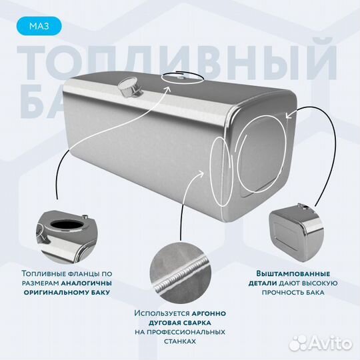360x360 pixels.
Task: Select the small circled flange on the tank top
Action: pos(182,78)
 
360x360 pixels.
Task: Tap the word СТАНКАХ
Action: pos(179,341)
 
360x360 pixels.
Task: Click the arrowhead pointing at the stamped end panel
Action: pos(289,115)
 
